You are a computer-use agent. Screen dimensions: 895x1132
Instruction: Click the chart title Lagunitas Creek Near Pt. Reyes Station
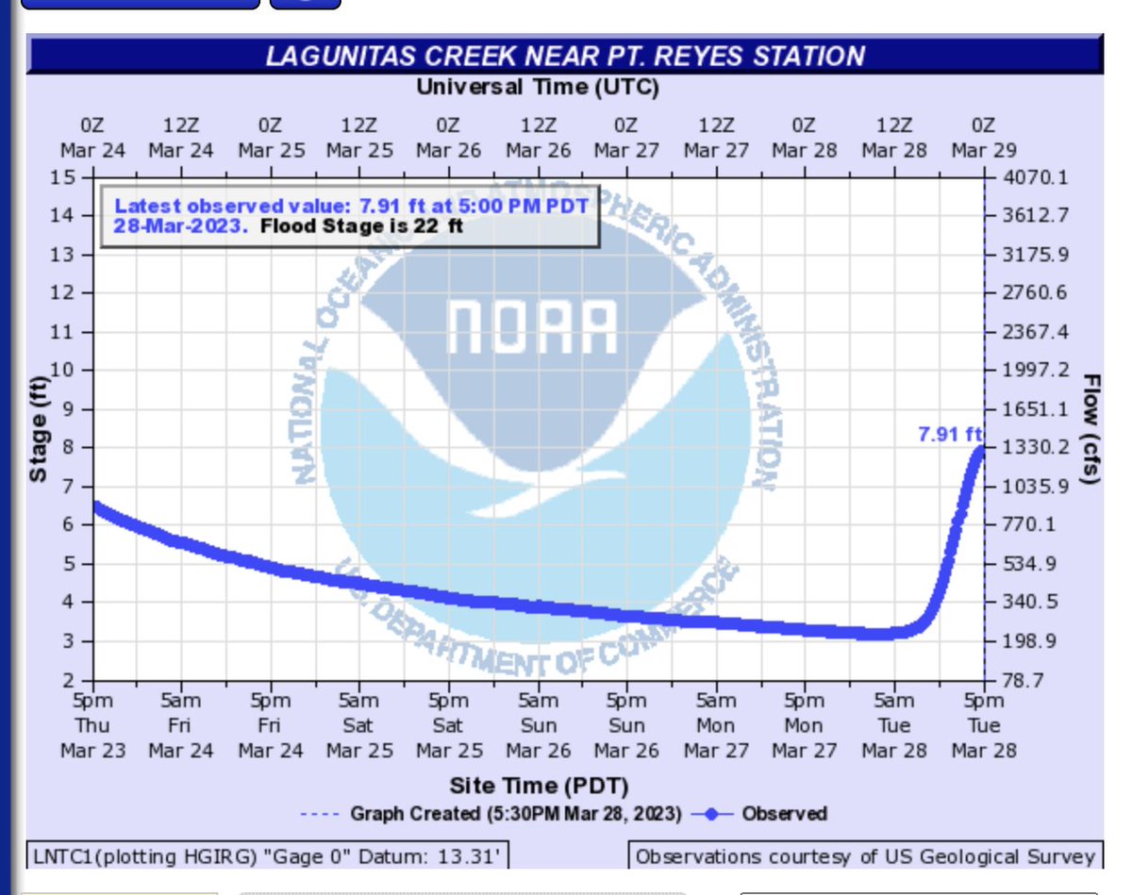click(565, 56)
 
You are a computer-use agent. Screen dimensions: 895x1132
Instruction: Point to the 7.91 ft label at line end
click(949, 435)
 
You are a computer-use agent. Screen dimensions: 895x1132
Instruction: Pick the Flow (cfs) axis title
click(1091, 429)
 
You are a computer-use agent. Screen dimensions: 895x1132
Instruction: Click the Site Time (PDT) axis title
click(539, 785)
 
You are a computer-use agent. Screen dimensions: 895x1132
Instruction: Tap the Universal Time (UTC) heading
click(538, 89)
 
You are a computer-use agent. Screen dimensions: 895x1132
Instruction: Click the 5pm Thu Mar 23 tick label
click(92, 725)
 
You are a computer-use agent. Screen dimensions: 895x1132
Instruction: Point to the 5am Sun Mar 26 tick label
click(538, 725)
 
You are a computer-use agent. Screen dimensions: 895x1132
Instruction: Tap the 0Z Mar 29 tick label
click(983, 138)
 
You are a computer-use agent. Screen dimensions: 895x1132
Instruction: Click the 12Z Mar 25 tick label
click(359, 138)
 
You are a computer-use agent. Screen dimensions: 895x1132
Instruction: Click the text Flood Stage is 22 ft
click(361, 226)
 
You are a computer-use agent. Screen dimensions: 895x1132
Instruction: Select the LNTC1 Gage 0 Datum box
click(267, 857)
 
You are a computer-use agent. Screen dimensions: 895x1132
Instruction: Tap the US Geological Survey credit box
click(865, 857)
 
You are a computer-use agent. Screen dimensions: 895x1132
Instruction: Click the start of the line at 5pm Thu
click(94, 506)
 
